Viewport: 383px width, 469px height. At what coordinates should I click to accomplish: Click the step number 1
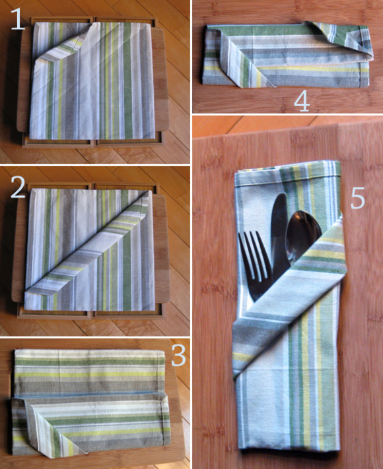pos(17,19)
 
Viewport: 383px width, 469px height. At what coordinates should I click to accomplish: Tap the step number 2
pos(18,187)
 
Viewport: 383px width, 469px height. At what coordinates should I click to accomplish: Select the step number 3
pos(179,355)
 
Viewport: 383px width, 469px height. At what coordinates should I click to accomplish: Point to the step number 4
pos(302,101)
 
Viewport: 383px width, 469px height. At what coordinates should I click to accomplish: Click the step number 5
pos(357,198)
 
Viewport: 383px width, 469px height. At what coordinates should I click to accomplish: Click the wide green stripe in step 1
pos(127,80)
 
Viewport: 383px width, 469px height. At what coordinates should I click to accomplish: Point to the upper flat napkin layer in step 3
pos(90,373)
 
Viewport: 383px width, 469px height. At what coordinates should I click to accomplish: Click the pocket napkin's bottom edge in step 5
pos(287,449)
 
